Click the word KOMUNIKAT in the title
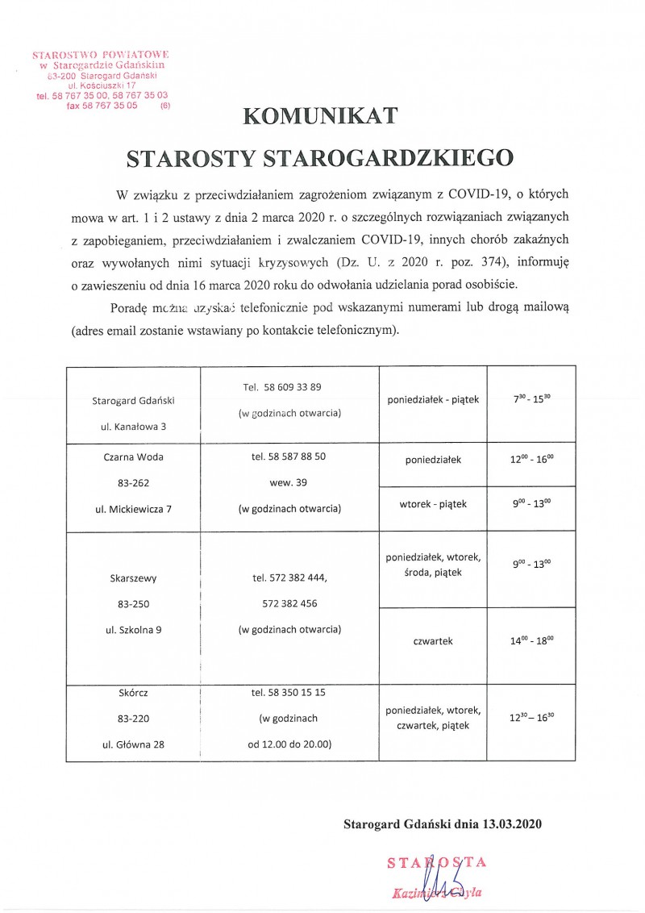[322, 117]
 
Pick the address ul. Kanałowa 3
[134, 425]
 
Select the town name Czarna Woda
[134, 457]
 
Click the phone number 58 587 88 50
[289, 456]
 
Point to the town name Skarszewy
[134, 578]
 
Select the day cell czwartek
[433, 641]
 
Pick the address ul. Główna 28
[134, 744]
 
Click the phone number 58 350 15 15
[289, 693]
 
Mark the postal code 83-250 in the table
[134, 604]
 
